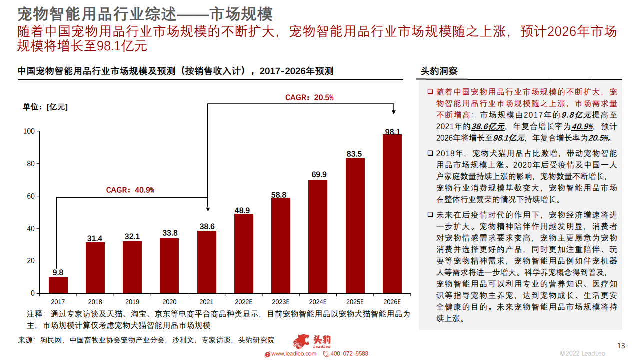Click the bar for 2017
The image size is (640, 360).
point(58,285)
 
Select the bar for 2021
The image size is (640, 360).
point(207,262)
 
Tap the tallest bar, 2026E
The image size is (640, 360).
point(392,213)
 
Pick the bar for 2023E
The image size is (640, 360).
point(281,245)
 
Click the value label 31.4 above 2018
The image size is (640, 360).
point(95,238)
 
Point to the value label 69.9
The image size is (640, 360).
point(318,174)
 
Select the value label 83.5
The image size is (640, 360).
point(354,154)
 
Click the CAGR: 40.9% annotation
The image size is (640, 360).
point(130,190)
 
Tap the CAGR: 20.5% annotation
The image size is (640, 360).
point(309,97)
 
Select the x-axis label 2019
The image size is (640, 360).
point(132,302)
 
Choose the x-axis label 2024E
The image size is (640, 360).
point(318,302)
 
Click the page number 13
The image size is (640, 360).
point(621,346)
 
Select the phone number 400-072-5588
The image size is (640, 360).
point(349,353)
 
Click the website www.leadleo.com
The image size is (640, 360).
point(293,353)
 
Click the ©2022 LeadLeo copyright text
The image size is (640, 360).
point(582,353)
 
